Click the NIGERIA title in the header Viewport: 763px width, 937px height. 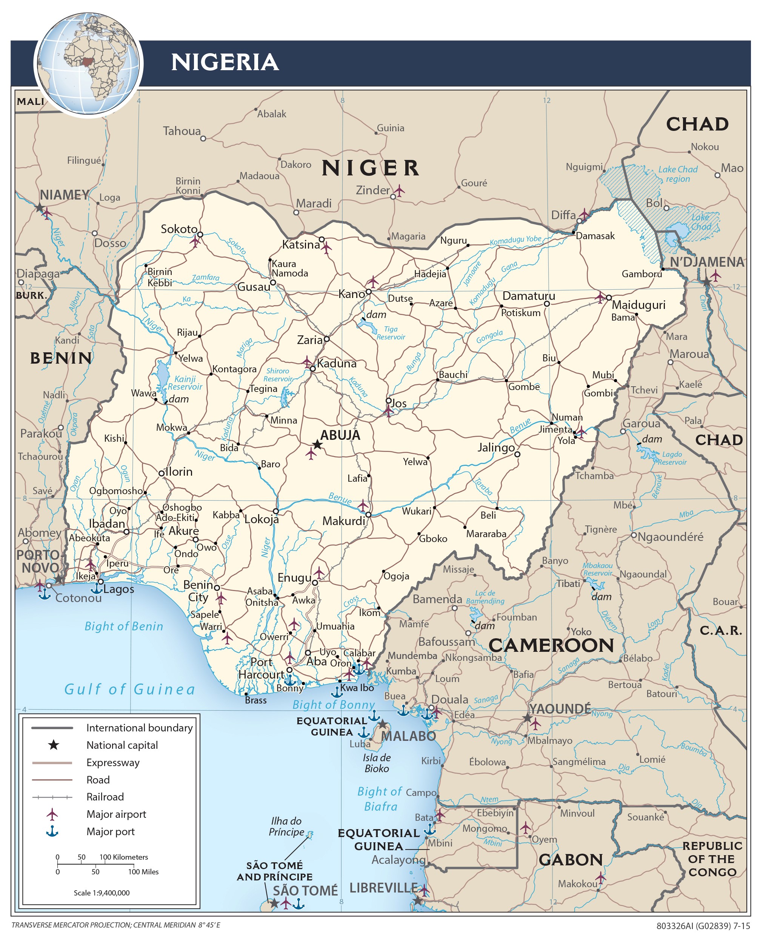click(225, 62)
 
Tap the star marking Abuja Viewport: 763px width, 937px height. click(317, 445)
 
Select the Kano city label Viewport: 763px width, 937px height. click(352, 294)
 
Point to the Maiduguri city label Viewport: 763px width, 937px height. click(638, 304)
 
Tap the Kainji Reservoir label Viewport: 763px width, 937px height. click(185, 382)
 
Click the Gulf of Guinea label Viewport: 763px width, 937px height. click(130, 689)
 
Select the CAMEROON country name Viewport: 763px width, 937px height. click(551, 645)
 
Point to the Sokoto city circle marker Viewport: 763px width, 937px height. click(200, 235)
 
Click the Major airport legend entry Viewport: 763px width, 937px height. click(116, 814)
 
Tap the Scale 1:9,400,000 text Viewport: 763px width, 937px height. click(102, 892)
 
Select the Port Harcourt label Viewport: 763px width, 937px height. click(261, 668)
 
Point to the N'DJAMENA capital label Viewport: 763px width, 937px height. click(706, 262)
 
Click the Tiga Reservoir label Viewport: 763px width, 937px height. click(390, 333)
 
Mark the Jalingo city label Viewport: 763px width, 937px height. click(496, 447)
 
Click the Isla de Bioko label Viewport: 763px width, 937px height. click(377, 763)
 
